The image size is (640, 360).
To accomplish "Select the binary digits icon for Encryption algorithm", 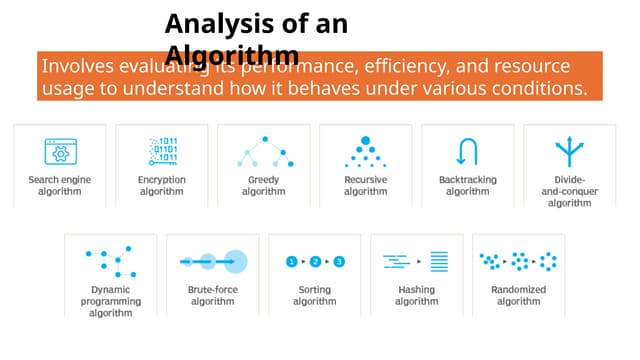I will point(161,150).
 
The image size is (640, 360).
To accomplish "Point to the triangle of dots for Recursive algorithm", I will point(365,152).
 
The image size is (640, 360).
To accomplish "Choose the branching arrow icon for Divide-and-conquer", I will point(569,152).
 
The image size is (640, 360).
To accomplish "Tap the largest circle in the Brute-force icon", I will point(235,262).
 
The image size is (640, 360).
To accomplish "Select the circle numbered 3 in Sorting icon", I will point(339,262).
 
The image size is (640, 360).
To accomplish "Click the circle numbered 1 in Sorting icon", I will point(291,262).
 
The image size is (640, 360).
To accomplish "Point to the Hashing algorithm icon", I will point(416,262).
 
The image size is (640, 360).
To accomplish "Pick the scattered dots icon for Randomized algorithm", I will point(518,262).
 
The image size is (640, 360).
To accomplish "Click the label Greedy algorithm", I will point(263,186).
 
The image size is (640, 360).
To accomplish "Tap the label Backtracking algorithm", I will point(467,186).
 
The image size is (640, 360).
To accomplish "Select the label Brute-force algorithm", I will point(212,295).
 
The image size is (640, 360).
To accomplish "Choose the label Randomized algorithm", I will point(518,295).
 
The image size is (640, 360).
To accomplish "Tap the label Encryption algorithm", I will point(161,186).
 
